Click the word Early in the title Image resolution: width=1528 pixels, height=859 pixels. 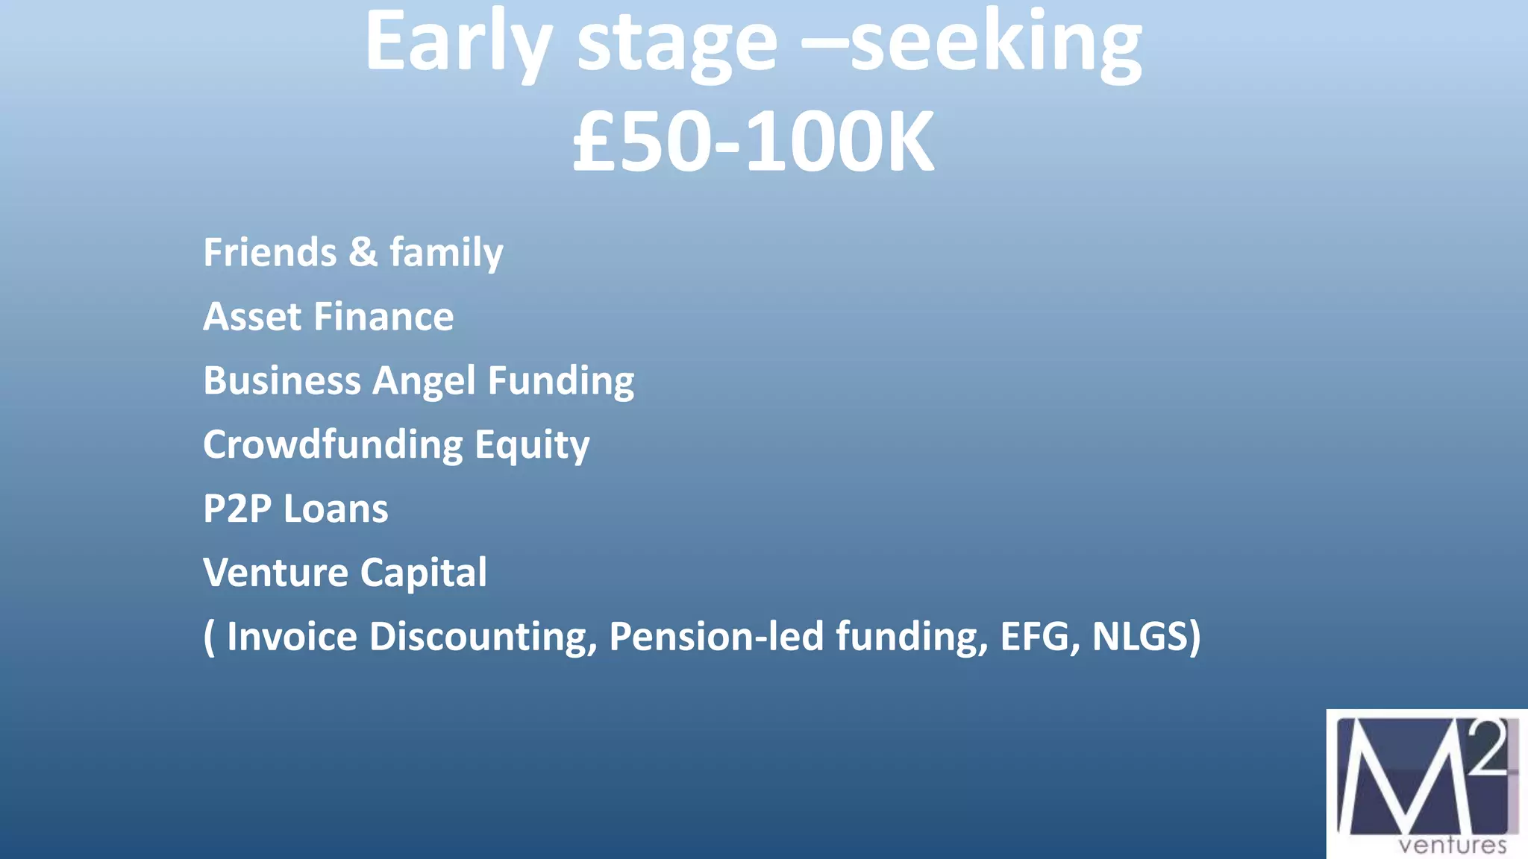[457, 43]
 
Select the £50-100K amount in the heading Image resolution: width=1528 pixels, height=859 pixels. [753, 142]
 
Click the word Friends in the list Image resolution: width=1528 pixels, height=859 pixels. [269, 252]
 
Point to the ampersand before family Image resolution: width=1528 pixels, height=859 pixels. [363, 252]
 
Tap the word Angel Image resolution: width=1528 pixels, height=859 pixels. [423, 381]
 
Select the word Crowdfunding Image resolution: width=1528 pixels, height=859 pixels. [333, 445]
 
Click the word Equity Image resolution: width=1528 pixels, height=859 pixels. [532, 446]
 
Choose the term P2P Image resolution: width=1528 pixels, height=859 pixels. [237, 509]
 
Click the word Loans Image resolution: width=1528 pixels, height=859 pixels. [336, 509]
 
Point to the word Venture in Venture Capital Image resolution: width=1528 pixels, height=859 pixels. [275, 573]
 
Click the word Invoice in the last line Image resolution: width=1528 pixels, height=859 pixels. [292, 637]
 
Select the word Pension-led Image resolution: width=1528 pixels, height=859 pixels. [716, 637]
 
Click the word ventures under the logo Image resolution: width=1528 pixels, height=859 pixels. [1452, 846]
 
